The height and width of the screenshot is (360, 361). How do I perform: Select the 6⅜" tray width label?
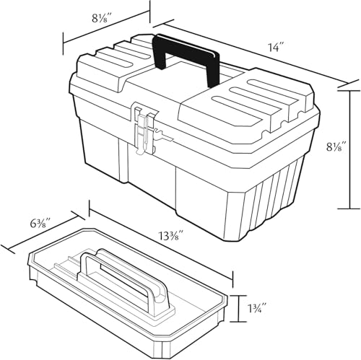(x=40, y=224)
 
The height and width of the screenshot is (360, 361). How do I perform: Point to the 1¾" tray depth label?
(x=257, y=307)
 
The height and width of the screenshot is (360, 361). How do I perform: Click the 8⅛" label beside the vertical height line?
(x=336, y=146)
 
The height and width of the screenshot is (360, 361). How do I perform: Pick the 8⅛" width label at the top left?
(x=101, y=18)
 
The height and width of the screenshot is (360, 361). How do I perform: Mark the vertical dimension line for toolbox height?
(x=349, y=149)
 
